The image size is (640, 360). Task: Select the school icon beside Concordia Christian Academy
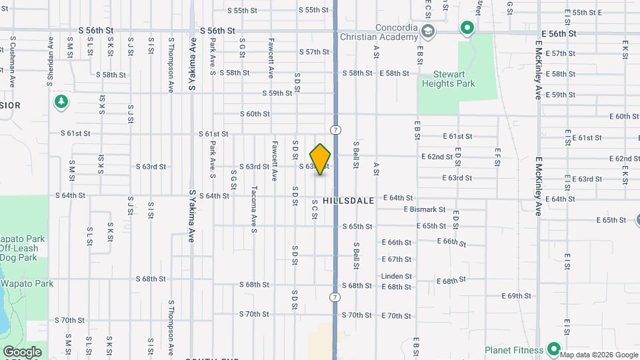[x=427, y=31]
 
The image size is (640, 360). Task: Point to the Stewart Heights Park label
[x=448, y=79]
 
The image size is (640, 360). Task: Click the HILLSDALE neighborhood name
[x=345, y=199]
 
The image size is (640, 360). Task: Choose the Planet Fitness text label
[x=514, y=349]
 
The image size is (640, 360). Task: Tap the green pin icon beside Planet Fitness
[x=553, y=349]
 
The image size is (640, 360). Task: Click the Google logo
[x=22, y=351]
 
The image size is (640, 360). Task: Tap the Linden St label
[x=396, y=276]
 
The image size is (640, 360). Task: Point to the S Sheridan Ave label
[x=50, y=60]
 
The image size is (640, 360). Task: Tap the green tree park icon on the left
[x=61, y=102]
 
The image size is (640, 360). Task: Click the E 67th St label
[x=396, y=259]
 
